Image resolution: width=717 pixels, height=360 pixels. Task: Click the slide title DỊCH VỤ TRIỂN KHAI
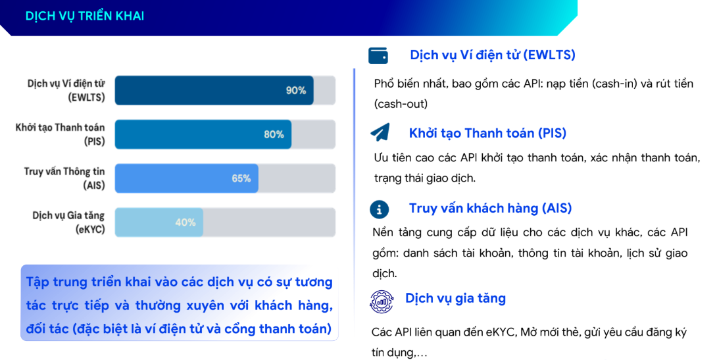(x=85, y=16)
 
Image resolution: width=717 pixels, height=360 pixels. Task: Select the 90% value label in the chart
(x=296, y=90)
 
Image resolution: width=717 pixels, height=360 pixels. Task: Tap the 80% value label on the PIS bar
(x=274, y=134)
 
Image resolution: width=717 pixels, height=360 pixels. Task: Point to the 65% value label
(x=241, y=178)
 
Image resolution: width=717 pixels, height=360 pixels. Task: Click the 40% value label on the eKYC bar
(x=185, y=222)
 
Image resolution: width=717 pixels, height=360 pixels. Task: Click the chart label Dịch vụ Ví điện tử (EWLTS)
(x=66, y=91)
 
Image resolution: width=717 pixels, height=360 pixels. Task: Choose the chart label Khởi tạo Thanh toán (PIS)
(x=60, y=134)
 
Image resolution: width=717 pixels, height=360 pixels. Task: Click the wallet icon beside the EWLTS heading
(x=378, y=55)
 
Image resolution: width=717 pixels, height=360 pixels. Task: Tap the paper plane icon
(x=380, y=133)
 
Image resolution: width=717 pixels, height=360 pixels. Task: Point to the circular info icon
(x=378, y=209)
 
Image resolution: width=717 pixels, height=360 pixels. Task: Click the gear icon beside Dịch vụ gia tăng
(x=381, y=301)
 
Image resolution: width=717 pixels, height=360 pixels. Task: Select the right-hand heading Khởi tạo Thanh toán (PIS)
(x=487, y=133)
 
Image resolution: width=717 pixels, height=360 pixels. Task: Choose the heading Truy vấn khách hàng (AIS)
(x=490, y=209)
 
